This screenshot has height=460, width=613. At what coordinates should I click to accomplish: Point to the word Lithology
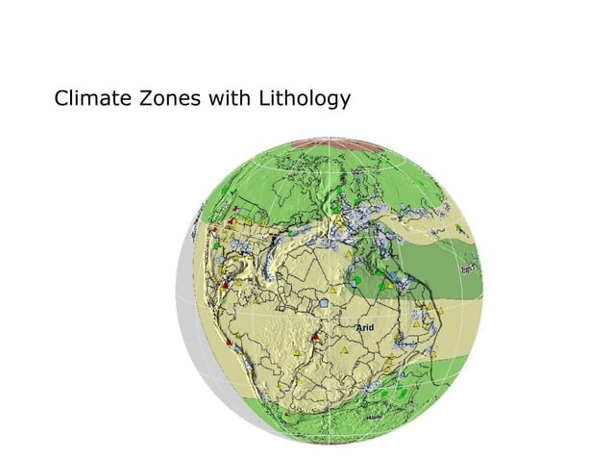coord(301,99)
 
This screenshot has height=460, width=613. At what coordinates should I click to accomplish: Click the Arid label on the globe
coord(366,328)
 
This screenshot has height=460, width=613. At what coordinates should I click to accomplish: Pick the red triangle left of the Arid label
coord(316,337)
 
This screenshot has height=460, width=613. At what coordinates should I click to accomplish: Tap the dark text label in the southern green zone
coord(372,419)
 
